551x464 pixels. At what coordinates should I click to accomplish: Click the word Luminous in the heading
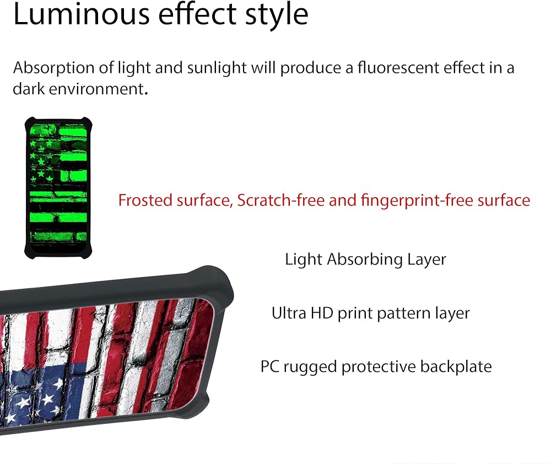tap(81, 14)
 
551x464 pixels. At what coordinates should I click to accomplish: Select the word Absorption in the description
tap(54, 68)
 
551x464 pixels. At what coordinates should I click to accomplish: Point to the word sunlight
tap(217, 68)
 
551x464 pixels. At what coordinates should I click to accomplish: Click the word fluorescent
tap(398, 67)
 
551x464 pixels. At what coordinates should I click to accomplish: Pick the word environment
tap(98, 89)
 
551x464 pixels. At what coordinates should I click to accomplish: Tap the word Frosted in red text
tap(144, 201)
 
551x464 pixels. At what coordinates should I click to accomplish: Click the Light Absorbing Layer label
tap(365, 260)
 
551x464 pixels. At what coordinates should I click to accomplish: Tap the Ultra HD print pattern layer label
tap(370, 313)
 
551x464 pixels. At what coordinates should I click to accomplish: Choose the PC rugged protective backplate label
tap(376, 366)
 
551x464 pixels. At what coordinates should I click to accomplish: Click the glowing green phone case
tap(58, 188)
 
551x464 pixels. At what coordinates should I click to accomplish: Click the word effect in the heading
tap(197, 14)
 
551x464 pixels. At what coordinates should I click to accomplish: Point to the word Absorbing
tap(365, 260)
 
